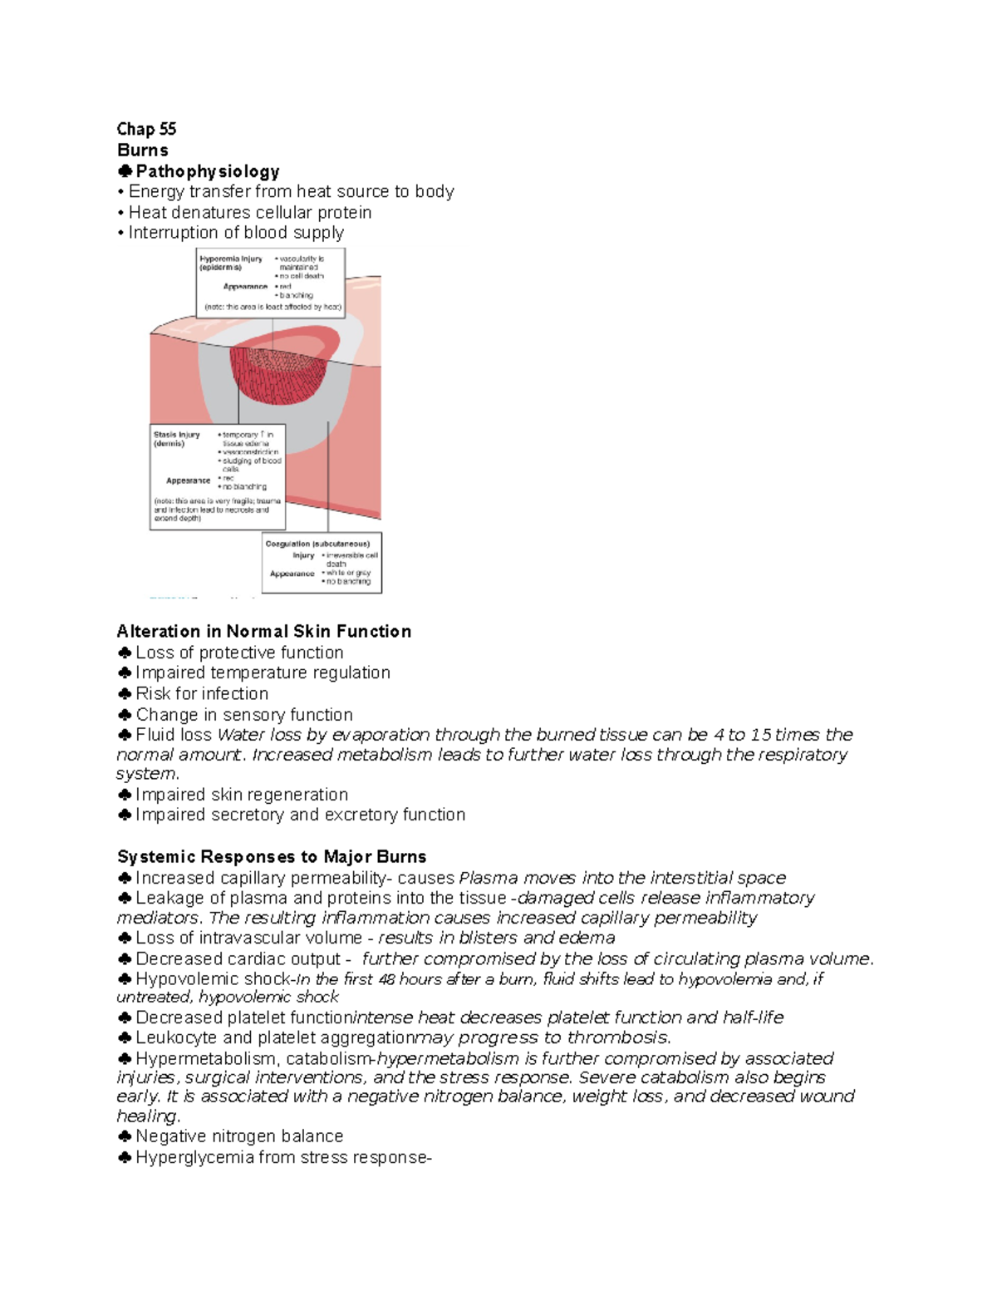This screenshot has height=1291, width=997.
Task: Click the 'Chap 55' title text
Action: (146, 129)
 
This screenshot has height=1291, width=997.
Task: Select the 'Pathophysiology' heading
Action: (207, 171)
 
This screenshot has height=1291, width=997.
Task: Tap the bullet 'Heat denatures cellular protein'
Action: (249, 212)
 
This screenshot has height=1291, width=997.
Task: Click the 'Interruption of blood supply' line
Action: (235, 233)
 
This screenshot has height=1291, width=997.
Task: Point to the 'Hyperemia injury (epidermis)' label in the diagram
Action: (230, 263)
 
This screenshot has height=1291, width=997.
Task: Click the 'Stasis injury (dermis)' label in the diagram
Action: (176, 439)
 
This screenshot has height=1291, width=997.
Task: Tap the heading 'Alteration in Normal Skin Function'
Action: (264, 632)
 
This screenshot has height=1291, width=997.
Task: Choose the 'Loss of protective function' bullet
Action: (239, 653)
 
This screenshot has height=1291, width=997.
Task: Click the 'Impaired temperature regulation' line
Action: (263, 673)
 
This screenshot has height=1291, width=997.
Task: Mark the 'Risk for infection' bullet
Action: (202, 693)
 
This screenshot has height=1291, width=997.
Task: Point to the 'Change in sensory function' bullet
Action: (244, 715)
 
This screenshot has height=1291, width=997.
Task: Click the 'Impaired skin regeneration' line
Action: (242, 795)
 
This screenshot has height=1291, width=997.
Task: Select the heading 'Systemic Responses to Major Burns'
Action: (272, 857)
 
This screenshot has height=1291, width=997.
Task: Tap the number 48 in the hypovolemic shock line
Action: (386, 979)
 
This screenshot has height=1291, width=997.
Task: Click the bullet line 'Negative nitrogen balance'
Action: (239, 1136)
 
